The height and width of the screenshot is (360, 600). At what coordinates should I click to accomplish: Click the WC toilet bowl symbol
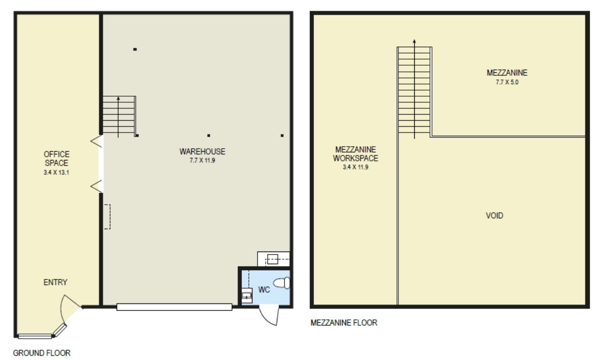click(x=281, y=283)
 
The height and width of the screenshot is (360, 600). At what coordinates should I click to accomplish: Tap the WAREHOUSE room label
click(x=203, y=151)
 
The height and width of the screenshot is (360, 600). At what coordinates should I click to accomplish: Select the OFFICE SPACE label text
click(x=56, y=158)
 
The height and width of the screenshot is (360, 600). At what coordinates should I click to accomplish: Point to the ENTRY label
click(x=55, y=282)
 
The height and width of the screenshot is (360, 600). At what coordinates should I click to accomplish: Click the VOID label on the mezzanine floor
click(x=494, y=215)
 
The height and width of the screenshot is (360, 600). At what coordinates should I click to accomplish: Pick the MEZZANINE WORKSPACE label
click(x=356, y=154)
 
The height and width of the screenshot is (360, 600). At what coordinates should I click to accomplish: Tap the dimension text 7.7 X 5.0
click(x=507, y=82)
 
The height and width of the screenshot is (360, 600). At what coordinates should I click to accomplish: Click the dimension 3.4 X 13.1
click(x=56, y=172)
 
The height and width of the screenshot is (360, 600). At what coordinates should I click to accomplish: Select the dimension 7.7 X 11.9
click(x=203, y=160)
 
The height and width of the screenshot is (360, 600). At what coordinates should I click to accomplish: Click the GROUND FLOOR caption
click(x=42, y=353)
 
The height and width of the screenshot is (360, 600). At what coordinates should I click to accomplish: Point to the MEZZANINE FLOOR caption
click(x=344, y=322)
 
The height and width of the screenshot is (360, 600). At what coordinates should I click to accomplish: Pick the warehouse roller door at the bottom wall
click(x=174, y=307)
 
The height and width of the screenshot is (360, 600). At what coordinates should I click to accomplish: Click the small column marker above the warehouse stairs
click(x=135, y=49)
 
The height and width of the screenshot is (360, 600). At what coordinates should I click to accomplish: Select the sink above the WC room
click(x=273, y=259)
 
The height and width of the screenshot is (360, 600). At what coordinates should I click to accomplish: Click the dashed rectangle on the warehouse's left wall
click(x=107, y=217)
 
